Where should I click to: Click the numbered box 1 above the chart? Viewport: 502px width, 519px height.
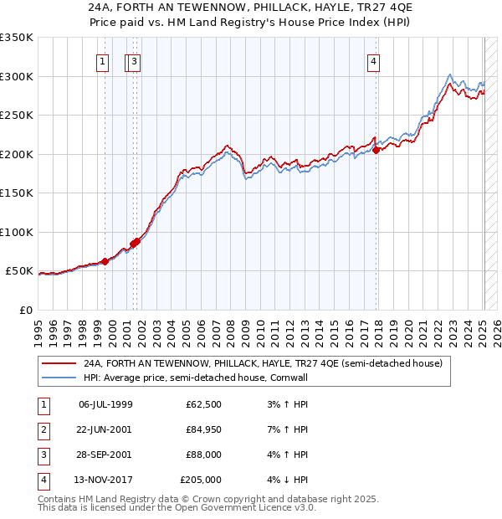tap(102, 60)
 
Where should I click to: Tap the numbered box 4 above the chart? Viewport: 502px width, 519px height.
tap(373, 60)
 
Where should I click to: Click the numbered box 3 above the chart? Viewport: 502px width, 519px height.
tap(134, 60)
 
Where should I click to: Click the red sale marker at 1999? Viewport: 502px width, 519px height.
tap(105, 261)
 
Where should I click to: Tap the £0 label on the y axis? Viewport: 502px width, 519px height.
tap(26, 310)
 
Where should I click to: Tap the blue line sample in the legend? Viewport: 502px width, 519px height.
tap(59, 378)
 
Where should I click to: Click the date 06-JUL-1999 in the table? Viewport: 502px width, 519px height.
tap(105, 404)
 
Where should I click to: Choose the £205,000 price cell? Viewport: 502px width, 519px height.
tap(201, 480)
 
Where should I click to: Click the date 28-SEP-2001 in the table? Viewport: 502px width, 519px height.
tap(105, 455)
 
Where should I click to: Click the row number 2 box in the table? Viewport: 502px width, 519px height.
tap(43, 429)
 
